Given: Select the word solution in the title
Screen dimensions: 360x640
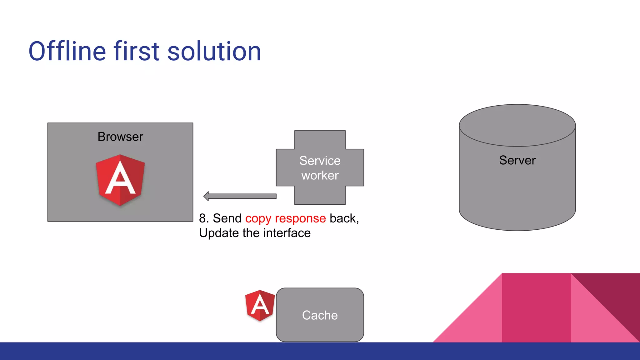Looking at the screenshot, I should point(214,52).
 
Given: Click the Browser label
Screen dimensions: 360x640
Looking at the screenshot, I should point(120,137).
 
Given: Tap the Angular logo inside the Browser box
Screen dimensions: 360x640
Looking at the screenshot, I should point(120,180).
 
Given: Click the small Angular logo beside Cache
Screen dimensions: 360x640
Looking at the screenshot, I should point(260,305).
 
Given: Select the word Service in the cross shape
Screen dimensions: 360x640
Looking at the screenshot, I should point(320,161).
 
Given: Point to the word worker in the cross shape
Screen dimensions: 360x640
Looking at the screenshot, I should point(320,176).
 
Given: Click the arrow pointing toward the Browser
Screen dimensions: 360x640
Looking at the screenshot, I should point(241,196).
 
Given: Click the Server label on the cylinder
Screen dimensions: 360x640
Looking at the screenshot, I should point(517,160).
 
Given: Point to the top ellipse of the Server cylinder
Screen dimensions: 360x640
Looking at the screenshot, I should point(517,125).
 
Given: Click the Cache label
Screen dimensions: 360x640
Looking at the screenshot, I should point(320,315).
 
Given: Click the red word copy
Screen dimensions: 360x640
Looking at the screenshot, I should point(258,219).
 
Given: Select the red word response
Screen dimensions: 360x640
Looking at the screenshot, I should point(300,219).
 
